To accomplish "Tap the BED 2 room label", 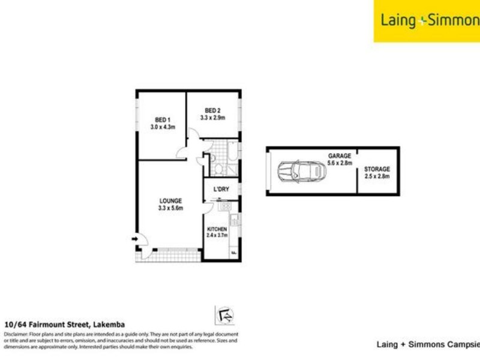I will click(x=214, y=110).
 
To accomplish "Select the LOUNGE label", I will click(x=170, y=201).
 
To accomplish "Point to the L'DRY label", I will click(x=221, y=190).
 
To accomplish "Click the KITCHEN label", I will click(x=217, y=229).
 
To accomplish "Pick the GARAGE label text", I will click(x=339, y=155).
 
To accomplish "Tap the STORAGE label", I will click(x=377, y=169).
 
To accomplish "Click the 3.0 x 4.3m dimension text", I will click(x=161, y=127).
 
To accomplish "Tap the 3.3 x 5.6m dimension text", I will click(x=170, y=209).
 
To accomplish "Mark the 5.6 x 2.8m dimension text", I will click(x=340, y=163).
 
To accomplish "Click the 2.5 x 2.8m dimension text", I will click(x=378, y=176).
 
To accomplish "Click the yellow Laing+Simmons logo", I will click(x=427, y=21).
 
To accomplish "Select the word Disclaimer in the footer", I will click(x=16, y=334).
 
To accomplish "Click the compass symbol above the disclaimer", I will click(x=224, y=315).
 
